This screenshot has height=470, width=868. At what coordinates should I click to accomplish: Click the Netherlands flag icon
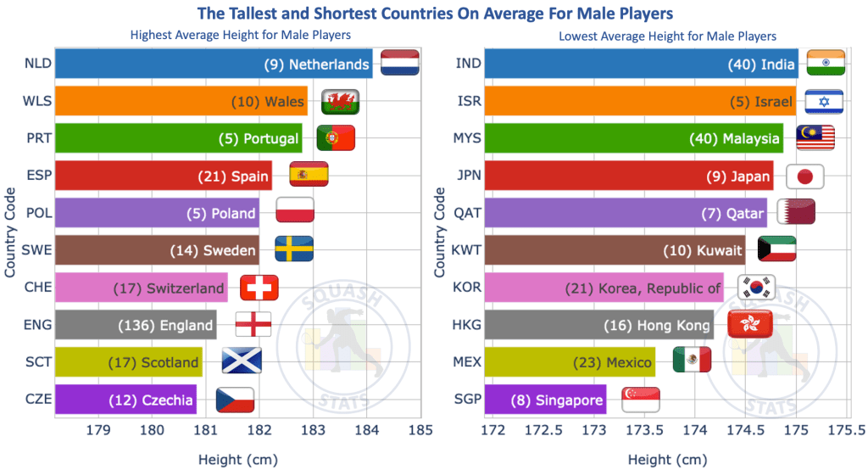[400, 63]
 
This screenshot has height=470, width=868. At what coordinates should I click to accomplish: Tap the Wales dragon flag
[341, 101]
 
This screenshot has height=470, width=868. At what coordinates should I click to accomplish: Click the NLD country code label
[37, 64]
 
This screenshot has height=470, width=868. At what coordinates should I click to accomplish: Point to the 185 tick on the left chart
[420, 431]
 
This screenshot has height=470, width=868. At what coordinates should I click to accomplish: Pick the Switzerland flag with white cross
[259, 288]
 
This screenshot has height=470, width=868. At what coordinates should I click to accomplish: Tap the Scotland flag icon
[242, 361]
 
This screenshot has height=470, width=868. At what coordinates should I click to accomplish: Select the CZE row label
[38, 400]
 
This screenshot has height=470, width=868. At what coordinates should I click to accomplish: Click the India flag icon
[826, 64]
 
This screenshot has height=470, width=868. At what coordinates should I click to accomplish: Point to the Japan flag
[805, 176]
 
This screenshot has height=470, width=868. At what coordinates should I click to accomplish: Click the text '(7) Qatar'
[732, 214]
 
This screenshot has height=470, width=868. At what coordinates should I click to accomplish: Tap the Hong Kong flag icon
[748, 324]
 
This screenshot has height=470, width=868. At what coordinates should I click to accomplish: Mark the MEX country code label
[467, 362]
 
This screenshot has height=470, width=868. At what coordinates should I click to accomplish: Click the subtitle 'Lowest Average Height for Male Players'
[667, 36]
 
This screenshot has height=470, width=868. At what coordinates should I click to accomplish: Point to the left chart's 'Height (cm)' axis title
[237, 460]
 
